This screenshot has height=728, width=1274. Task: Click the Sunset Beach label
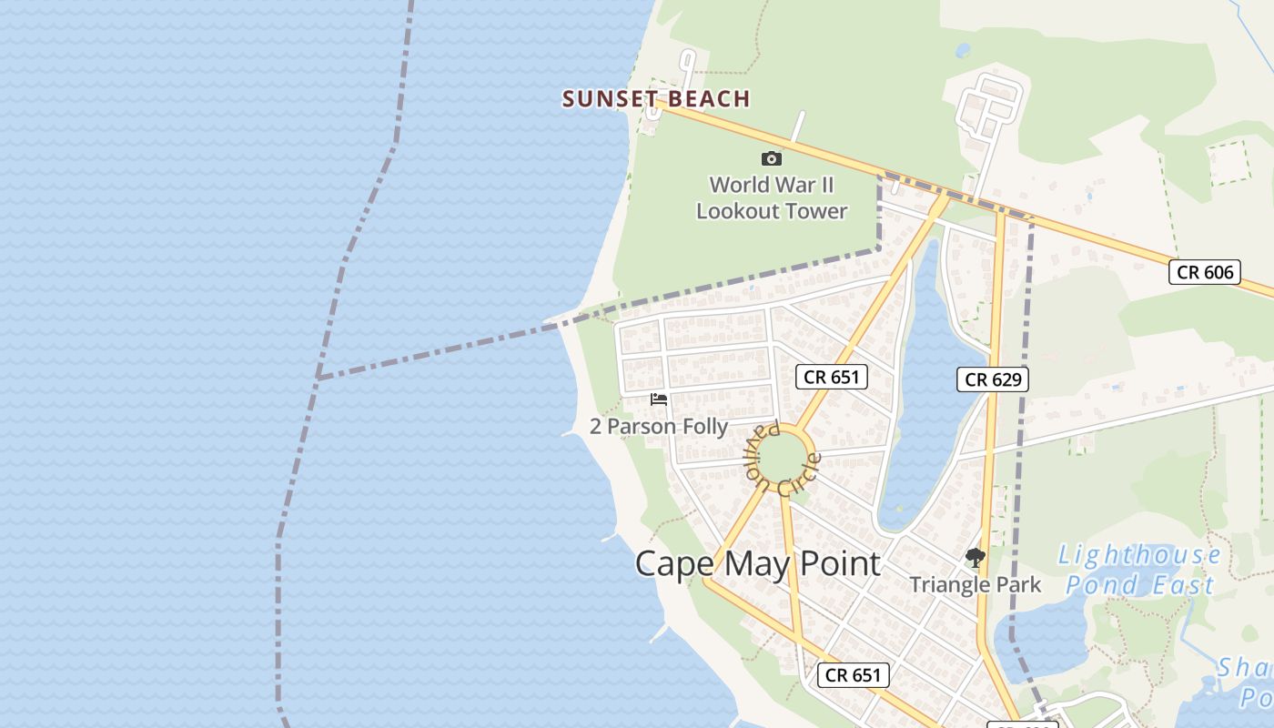655,98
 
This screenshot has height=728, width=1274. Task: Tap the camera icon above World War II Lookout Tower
771,158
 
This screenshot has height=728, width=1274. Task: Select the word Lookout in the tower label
739,211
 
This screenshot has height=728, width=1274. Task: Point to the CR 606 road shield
1204,271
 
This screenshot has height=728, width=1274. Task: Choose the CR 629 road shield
992,379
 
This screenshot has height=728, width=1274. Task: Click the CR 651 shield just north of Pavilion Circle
831,376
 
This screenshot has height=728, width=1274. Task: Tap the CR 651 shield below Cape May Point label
853,674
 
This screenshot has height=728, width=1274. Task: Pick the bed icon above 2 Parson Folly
659,399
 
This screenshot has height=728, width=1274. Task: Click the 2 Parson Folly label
659,426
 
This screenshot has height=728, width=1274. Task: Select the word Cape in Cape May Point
674,564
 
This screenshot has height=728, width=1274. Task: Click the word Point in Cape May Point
839,564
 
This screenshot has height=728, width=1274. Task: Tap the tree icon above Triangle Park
975,557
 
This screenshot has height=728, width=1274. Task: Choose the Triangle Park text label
975,584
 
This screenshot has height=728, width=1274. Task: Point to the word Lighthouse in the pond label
1139,554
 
